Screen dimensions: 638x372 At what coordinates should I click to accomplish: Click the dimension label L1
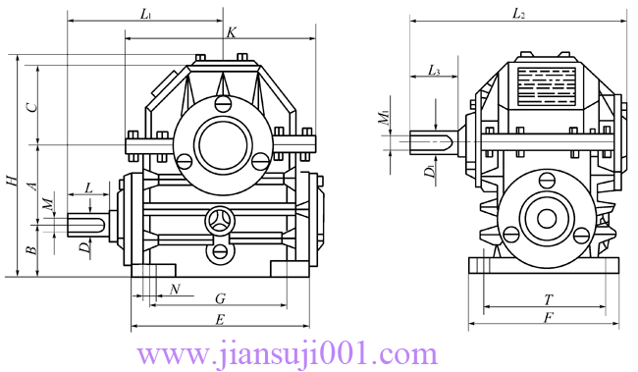point(146,15)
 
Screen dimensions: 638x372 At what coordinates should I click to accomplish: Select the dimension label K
point(231,32)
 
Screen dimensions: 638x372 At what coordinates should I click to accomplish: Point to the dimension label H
point(12,181)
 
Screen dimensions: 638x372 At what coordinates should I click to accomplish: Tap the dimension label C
point(31,107)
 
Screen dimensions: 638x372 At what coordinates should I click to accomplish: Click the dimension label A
point(31,186)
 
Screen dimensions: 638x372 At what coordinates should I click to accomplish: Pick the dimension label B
point(31,250)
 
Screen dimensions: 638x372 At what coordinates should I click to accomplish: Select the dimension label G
point(220,299)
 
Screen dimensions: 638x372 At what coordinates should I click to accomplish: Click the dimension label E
point(220,320)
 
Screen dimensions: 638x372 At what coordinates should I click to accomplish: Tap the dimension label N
point(175,290)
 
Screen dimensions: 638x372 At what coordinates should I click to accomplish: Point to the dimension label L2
point(518,15)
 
